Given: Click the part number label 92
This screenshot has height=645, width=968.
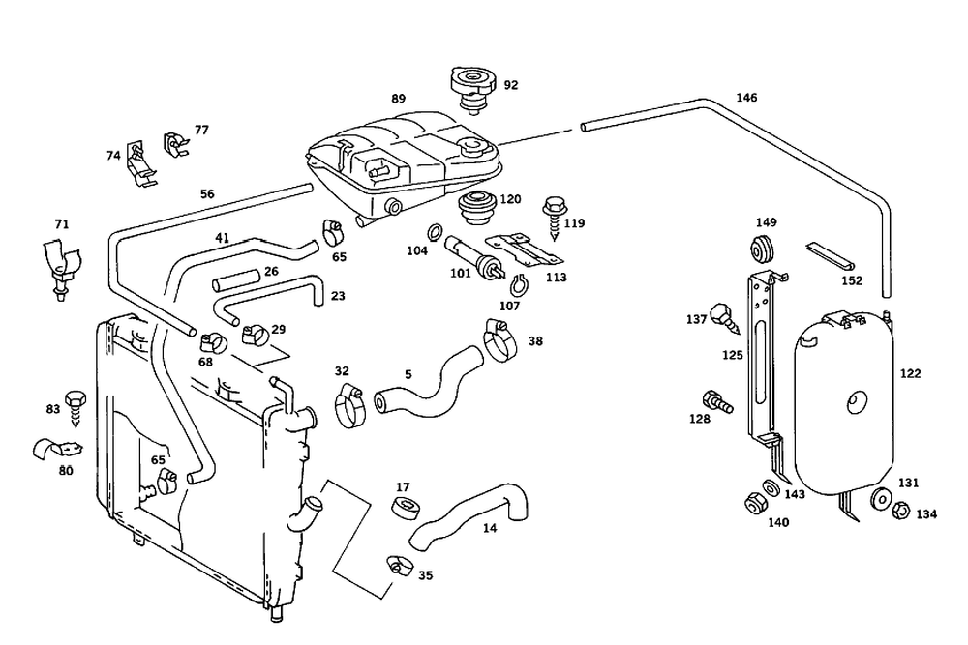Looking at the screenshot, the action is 510,85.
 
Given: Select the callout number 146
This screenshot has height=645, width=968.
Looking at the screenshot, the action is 746,98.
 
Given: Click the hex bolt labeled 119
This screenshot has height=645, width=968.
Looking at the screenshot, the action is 553,217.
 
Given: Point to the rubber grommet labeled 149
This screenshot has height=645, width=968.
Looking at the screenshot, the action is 763,249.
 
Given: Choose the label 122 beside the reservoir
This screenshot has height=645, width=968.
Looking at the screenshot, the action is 910,373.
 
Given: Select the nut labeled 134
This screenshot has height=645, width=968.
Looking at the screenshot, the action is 900,511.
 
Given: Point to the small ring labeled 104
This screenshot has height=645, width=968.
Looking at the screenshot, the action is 434,232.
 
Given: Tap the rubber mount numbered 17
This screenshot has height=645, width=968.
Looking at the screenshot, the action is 406,507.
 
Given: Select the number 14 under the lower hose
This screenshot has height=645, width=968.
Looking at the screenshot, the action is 489,528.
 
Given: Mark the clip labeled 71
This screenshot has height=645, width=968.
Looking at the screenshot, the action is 61,268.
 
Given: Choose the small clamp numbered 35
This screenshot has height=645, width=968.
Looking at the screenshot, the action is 398,565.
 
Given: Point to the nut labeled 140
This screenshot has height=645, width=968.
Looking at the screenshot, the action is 755,503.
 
